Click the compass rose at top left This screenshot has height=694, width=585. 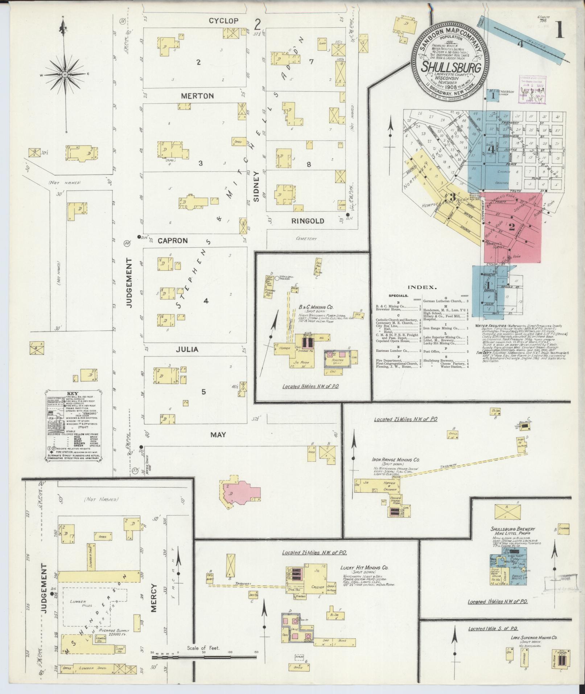65,74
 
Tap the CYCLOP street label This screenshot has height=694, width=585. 223,21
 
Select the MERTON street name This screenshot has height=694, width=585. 197,96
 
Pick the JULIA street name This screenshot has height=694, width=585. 187,349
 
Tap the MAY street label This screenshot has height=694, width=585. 218,435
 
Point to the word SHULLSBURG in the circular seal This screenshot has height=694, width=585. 451,67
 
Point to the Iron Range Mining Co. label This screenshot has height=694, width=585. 395,460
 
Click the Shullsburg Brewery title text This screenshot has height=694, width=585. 513,529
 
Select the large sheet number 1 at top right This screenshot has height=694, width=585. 559,32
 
